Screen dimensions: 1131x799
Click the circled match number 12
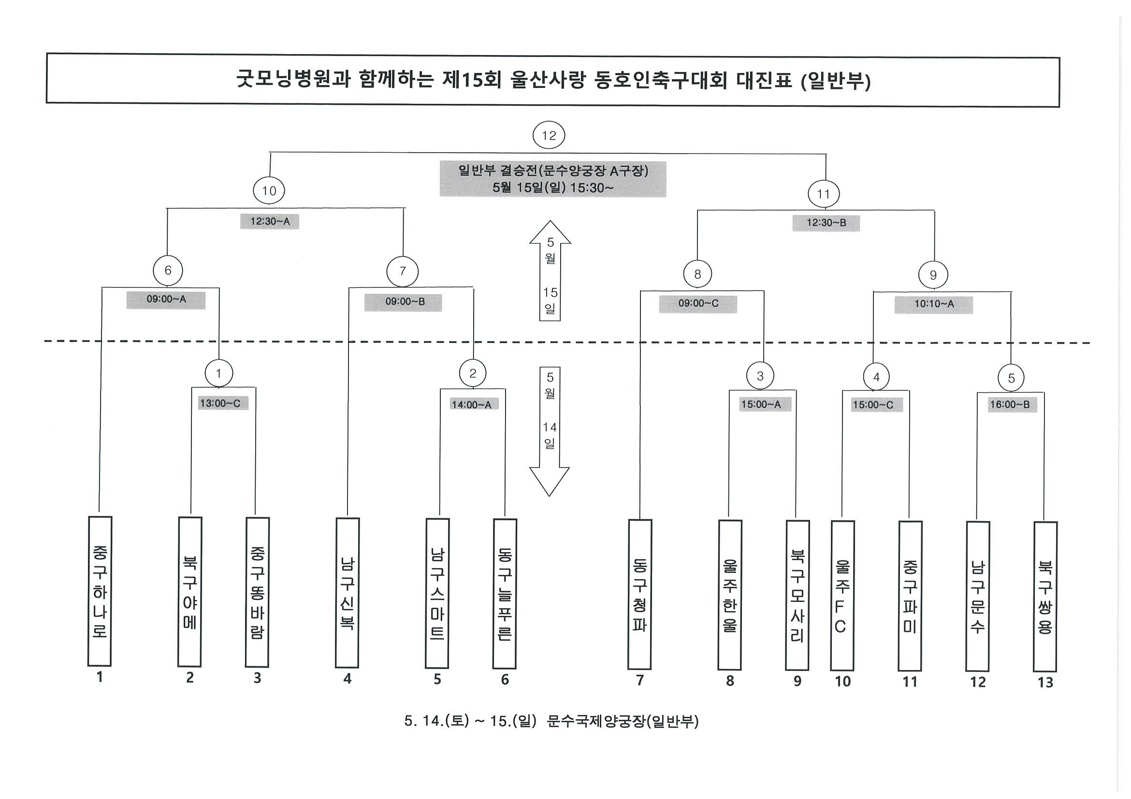(x=548, y=135)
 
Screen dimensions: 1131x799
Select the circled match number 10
(x=269, y=190)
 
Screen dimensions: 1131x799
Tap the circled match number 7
(x=403, y=271)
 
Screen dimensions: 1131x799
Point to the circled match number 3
(x=760, y=376)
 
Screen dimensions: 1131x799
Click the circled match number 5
(x=1011, y=378)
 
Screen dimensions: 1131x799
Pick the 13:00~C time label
(x=220, y=403)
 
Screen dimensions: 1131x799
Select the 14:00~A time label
(x=471, y=405)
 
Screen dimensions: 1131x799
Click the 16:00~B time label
(x=1010, y=405)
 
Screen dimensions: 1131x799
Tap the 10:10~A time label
(x=934, y=304)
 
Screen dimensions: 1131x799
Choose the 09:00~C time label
(x=698, y=303)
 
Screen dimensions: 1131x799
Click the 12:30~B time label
(x=826, y=223)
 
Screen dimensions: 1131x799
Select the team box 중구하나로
(x=100, y=591)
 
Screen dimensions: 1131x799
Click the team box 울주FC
(x=842, y=595)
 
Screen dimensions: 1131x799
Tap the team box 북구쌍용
(x=1045, y=597)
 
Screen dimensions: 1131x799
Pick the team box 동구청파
(x=640, y=594)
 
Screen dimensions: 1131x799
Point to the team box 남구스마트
(x=437, y=593)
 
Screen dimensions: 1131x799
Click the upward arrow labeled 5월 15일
(x=550, y=271)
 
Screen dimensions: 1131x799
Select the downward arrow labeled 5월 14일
(x=550, y=431)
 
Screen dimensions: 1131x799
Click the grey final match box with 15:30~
(x=553, y=179)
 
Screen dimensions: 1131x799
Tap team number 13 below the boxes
(x=1045, y=682)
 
